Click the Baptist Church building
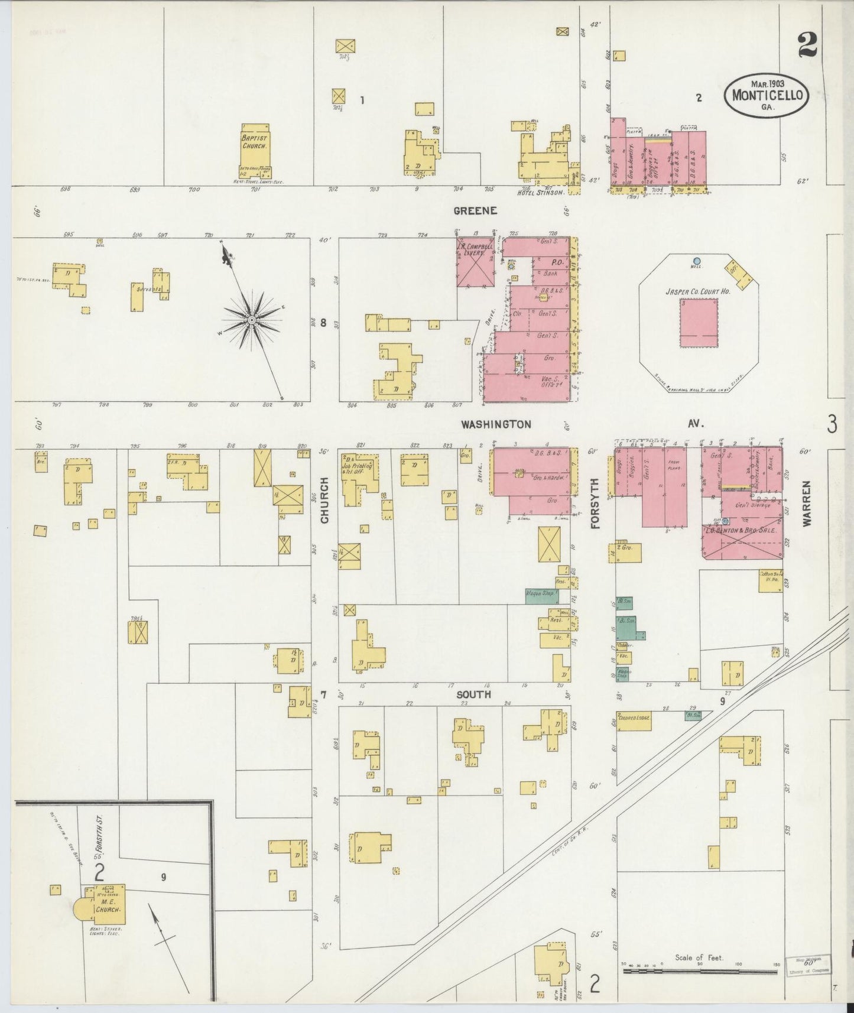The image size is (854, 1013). point(255,151)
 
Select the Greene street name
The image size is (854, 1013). point(475,210)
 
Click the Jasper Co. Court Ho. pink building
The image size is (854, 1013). point(699,323)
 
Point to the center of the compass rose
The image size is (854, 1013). point(251,320)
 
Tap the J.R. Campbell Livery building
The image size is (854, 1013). point(475,263)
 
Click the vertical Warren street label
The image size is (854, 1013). point(807,502)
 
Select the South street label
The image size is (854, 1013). point(473,694)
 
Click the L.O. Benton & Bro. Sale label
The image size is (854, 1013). point(739,531)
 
